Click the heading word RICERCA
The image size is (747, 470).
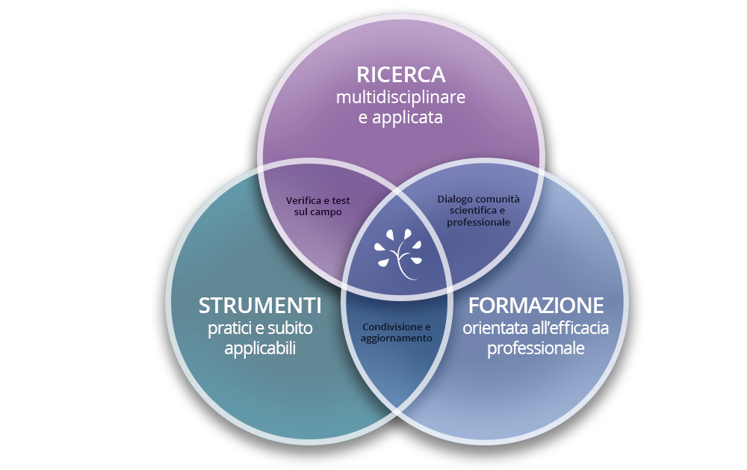[400, 75]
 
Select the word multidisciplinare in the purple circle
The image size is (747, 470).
[400, 97]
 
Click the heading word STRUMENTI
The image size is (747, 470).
[260, 306]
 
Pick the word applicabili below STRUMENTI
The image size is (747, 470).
[260, 348]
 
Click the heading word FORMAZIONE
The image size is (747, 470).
[536, 306]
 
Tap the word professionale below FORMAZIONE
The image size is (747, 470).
[536, 348]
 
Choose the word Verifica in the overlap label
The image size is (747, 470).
[303, 201]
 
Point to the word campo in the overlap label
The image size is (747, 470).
[326, 212]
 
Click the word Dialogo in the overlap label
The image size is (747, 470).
[455, 199]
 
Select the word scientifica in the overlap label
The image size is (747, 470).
[471, 211]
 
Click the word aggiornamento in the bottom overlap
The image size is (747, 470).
[397, 338]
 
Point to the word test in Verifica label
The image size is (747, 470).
[340, 201]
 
